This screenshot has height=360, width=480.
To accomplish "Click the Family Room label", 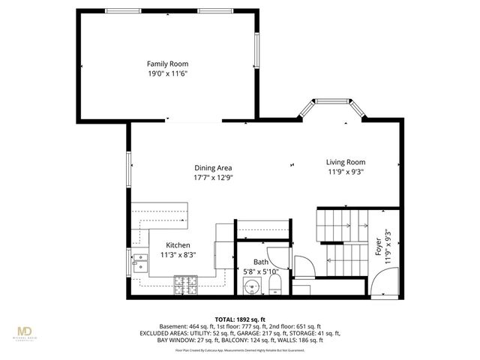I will [167, 64].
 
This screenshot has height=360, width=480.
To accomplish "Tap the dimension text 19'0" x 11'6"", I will [167, 74].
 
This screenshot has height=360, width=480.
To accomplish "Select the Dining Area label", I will [213, 168].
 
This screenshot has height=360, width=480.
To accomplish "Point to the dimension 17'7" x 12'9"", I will [213, 178].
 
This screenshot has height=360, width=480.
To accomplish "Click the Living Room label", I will [345, 162].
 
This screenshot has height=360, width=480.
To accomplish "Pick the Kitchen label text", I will [178, 245].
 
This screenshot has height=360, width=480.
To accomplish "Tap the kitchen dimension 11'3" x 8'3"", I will [178, 255].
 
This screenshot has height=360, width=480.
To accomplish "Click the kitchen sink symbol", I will [140, 262].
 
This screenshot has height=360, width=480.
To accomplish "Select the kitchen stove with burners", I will [184, 284].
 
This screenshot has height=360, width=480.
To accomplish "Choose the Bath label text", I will [250, 262].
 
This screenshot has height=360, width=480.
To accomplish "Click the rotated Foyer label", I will [377, 247].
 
